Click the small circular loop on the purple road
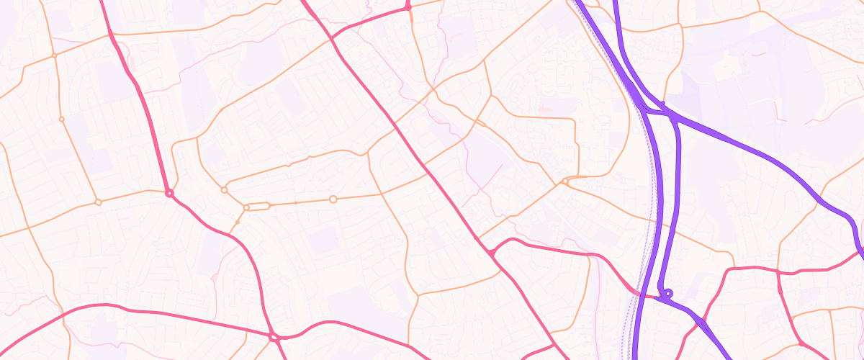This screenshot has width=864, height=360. click(668, 293)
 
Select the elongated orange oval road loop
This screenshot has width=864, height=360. click(258, 207)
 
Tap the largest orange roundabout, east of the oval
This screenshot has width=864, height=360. click(333, 199)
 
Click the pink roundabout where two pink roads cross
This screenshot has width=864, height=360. click(274, 336)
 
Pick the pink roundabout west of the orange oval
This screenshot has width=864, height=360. click(169, 194)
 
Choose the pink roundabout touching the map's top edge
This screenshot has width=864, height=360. click(408, 6)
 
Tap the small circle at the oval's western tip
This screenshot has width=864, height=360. click(246, 207)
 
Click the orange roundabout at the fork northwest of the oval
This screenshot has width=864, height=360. click(224, 190)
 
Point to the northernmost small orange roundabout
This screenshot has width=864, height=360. click(54, 55)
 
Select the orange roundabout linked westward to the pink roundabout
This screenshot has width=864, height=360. click(99, 202)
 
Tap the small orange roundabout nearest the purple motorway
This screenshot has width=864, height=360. click(566, 182)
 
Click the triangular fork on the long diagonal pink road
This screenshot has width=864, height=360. click(492, 252)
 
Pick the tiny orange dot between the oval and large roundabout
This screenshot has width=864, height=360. click(296, 203)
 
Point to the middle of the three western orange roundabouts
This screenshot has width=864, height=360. click(62, 119)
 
